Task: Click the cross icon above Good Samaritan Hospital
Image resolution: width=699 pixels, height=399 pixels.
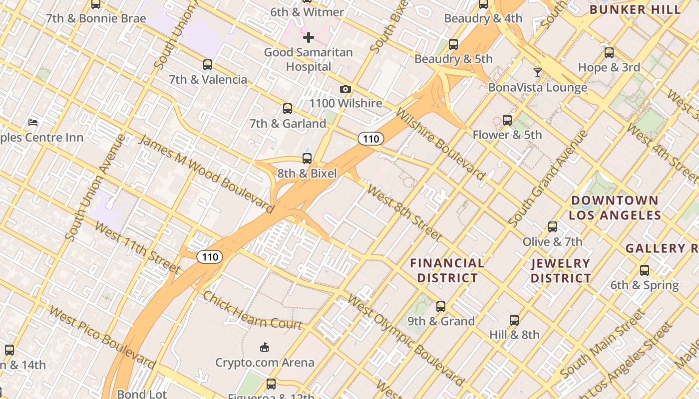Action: click(x=308, y=37)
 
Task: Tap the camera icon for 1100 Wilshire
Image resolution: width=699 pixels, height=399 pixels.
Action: click(x=345, y=89)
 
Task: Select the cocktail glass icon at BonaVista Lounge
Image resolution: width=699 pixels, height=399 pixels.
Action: click(x=537, y=73)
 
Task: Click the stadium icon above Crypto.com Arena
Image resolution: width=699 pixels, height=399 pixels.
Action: click(x=265, y=347)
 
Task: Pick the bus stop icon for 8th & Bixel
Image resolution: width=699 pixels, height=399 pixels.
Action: click(x=307, y=159)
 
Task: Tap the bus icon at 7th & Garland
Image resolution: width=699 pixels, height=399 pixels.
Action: click(x=287, y=109)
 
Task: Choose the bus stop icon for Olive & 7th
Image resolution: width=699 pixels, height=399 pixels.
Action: click(x=552, y=227)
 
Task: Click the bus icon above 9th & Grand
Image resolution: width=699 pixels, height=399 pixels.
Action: click(x=440, y=306)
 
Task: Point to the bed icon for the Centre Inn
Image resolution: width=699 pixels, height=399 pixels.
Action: click(x=33, y=122)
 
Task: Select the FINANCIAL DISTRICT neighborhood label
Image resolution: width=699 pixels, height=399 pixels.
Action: click(x=447, y=270)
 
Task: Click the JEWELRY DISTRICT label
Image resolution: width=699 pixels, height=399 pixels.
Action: click(x=561, y=270)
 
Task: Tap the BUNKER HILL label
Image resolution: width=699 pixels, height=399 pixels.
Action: click(x=635, y=9)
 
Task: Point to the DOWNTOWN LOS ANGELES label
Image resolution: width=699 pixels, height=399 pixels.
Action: click(x=615, y=208)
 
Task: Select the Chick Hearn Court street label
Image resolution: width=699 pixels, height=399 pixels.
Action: click(x=252, y=310)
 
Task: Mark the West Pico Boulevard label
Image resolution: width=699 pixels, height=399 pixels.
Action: click(x=102, y=336)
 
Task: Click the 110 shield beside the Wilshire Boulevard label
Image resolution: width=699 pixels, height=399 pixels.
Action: click(x=370, y=139)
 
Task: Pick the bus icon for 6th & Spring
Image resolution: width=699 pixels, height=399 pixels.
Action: click(x=645, y=270)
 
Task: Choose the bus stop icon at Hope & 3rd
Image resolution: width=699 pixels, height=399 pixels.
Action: click(x=609, y=53)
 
